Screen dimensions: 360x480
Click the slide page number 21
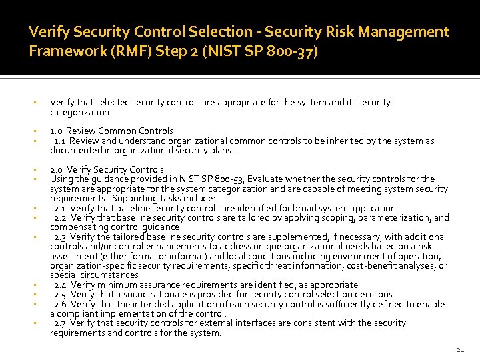(459, 349)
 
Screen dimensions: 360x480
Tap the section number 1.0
(56, 131)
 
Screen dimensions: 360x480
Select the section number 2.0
(57, 170)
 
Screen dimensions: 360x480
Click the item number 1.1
(59, 141)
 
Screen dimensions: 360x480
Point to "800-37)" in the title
(293, 51)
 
